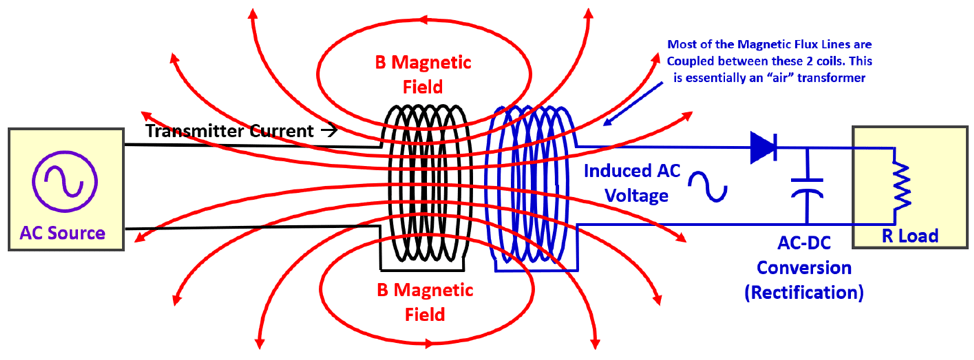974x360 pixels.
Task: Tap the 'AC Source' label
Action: pyautogui.click(x=63, y=234)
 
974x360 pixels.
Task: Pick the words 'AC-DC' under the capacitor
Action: pyautogui.click(x=807, y=244)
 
